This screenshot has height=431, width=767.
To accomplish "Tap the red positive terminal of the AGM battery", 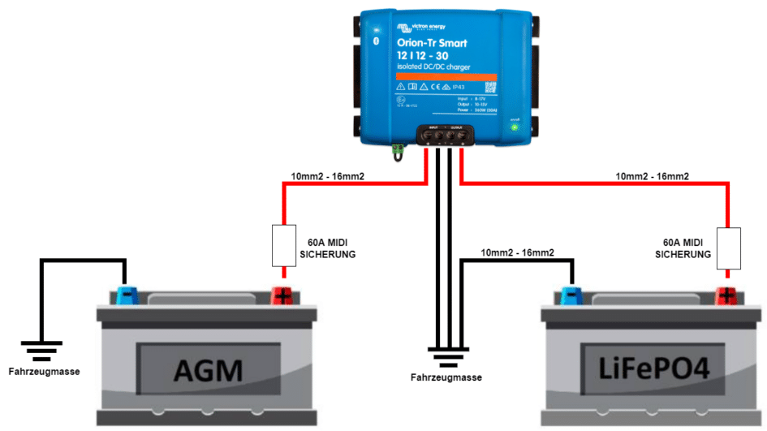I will (282, 294).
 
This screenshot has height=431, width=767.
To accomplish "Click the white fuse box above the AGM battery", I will (282, 246).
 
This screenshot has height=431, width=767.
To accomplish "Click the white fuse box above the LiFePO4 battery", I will (728, 248).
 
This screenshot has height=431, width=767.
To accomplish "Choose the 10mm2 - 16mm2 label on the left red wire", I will (327, 176).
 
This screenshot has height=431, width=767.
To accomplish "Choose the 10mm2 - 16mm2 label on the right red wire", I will (653, 176).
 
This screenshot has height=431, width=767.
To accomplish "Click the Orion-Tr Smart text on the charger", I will (433, 42).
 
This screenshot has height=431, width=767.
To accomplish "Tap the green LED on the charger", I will (514, 127).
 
